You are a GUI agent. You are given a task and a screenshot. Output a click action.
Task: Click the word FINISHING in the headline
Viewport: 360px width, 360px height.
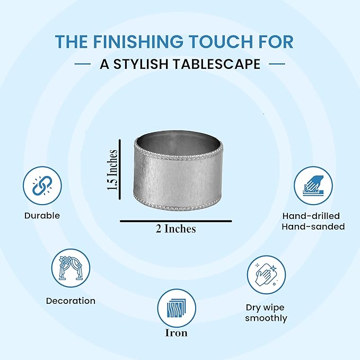click(138, 41)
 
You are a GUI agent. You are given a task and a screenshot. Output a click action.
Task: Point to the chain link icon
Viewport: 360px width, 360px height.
click(42, 186)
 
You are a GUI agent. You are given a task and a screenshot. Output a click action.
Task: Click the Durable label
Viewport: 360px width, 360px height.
click(42, 216)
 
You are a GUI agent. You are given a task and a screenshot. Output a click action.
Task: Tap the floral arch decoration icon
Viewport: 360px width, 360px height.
click(71, 268)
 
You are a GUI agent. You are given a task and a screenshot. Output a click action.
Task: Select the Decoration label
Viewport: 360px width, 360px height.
click(71, 301)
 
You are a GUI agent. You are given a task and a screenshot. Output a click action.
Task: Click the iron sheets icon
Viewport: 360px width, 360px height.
click(177, 309)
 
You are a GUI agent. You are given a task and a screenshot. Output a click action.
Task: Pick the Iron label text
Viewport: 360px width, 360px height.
click(177, 333)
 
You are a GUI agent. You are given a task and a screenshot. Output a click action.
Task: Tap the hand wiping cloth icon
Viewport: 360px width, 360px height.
click(266, 275)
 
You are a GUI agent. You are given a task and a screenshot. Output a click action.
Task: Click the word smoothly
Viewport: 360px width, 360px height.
click(266, 319)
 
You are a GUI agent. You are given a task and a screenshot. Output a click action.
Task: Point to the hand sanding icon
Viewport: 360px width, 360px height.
click(313, 186)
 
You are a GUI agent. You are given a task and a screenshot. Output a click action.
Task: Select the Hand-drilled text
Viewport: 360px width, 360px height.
click(311, 216)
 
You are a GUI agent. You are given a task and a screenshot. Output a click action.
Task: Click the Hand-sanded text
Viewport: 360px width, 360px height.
click(313, 226)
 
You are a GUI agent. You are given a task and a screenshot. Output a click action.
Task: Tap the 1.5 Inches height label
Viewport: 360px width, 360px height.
click(112, 170)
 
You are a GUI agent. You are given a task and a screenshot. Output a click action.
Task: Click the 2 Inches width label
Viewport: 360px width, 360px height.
click(176, 229)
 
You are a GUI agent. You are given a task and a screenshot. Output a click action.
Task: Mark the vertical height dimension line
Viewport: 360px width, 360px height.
click(120, 170)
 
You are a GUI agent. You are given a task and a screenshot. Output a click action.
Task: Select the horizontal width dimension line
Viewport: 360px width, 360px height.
click(176, 221)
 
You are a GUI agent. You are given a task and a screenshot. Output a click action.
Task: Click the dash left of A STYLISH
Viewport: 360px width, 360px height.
click(83, 64)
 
